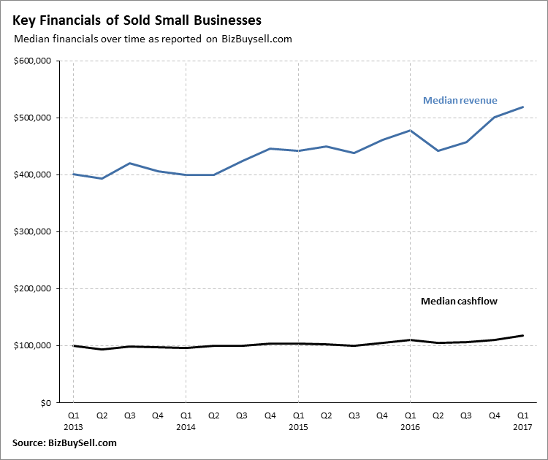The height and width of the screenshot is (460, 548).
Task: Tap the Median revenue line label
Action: [x=460, y=100]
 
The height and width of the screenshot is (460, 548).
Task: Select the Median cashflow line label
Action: [x=459, y=301]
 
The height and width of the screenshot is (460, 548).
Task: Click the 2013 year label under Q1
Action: [x=74, y=426]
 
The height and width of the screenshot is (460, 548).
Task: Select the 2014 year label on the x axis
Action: [x=186, y=426]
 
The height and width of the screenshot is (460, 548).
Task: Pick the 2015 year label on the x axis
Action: [x=298, y=426]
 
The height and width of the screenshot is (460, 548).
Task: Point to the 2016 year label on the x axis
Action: [x=410, y=426]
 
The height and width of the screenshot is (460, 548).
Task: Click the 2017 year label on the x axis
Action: [x=522, y=426]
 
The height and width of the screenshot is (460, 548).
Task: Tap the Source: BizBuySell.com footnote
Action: [x=64, y=443]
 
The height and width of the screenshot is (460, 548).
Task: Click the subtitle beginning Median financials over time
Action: [x=153, y=39]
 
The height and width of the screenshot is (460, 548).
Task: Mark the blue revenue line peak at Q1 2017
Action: [x=522, y=107]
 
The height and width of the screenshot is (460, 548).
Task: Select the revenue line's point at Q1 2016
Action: [x=410, y=131]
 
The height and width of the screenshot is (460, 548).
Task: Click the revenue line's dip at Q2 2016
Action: [x=438, y=150]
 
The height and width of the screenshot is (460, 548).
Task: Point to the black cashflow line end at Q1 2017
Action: [x=522, y=336]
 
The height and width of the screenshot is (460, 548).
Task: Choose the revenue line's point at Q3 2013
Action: [x=129, y=163]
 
